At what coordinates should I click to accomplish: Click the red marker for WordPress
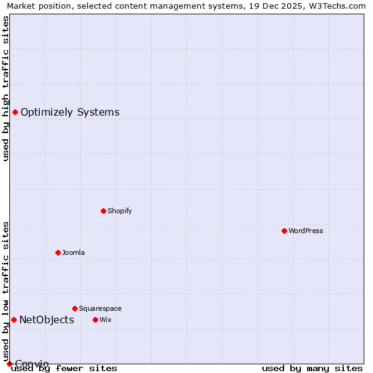[284, 231]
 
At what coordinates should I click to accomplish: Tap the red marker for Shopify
[103, 211]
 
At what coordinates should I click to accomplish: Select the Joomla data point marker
[58, 252]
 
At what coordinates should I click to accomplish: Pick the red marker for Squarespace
[75, 308]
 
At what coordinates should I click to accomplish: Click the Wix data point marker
[95, 320]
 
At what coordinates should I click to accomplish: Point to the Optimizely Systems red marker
[15, 112]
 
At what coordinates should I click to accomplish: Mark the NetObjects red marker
[14, 320]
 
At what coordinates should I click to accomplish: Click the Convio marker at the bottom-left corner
[9, 364]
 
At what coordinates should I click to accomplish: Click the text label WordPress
[306, 231]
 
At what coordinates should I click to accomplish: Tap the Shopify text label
[120, 211]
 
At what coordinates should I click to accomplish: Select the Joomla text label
[73, 252]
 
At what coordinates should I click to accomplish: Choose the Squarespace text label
[100, 308]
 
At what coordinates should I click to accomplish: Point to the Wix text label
[106, 320]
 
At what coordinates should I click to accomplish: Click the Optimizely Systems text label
[70, 113]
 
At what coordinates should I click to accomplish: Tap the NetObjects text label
[47, 320]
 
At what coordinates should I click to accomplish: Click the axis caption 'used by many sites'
[312, 369]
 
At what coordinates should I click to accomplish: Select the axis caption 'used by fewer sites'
[65, 369]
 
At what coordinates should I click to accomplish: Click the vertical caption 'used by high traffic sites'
[6, 88]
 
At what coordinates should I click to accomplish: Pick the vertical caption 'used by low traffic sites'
[6, 291]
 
